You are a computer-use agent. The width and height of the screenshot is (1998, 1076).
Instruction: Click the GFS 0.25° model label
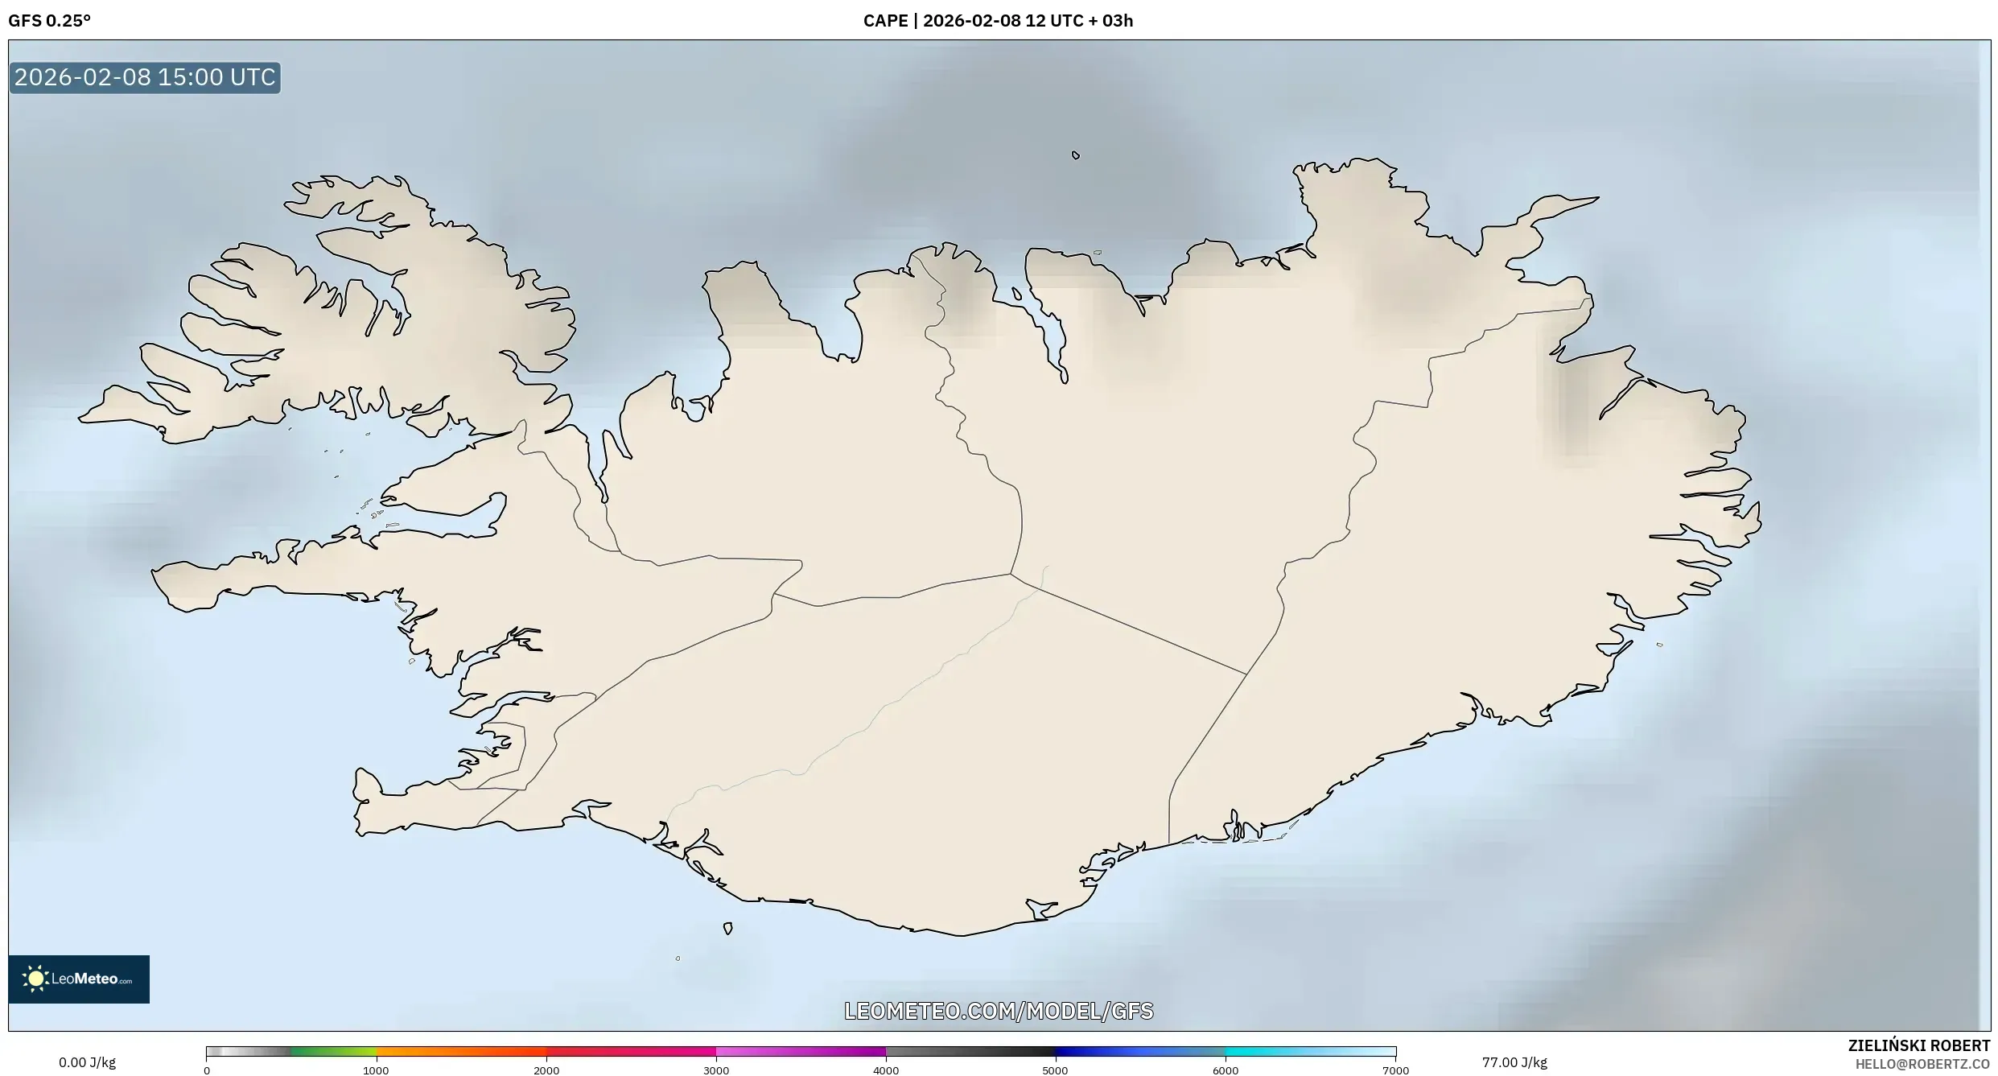[49, 21]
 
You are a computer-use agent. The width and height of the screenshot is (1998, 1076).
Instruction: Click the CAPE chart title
[998, 21]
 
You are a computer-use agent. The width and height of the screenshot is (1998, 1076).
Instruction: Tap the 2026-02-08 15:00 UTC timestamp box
[145, 77]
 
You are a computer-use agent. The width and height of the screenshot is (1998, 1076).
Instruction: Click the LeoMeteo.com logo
[79, 979]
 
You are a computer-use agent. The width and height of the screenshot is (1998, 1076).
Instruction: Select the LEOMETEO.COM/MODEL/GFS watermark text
[999, 1011]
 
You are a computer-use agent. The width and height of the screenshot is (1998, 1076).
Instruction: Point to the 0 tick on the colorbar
[207, 1070]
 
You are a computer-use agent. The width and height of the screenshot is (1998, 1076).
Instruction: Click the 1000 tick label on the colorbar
[376, 1070]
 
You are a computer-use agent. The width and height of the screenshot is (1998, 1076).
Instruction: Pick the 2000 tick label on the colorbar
[546, 1070]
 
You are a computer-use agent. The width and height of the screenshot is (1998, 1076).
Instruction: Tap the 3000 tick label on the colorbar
[716, 1070]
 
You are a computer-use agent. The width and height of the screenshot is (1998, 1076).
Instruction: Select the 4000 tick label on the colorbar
[886, 1070]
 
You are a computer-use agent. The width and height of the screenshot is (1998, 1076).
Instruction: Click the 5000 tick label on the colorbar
[1056, 1070]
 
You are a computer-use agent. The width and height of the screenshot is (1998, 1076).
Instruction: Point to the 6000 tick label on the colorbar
[1226, 1070]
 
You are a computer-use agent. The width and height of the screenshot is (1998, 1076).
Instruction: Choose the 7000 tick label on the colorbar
[1395, 1070]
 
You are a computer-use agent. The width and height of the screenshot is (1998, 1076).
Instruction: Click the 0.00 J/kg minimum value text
[87, 1062]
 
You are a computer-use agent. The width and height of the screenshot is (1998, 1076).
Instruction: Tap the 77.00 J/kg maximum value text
[1514, 1062]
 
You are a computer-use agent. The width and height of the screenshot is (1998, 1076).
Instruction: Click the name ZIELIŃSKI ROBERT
[1918, 1045]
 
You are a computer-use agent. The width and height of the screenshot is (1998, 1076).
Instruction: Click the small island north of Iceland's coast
[1076, 155]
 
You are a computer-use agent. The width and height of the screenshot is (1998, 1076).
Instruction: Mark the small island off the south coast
[728, 929]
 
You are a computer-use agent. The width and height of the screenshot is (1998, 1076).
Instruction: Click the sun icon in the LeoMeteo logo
[36, 979]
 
